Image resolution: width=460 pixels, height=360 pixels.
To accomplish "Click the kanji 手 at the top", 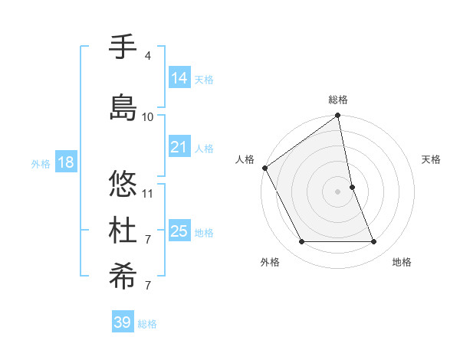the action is tap(123, 47).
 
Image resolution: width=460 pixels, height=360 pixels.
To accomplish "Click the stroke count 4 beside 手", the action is tap(147, 56).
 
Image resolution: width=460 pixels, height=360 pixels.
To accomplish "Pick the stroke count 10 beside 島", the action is tap(148, 116).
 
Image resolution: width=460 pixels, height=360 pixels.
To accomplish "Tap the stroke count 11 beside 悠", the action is tap(148, 193).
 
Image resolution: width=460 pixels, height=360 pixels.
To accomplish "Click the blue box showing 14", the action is tap(179, 77).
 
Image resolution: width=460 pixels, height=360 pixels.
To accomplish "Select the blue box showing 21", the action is tap(179, 146).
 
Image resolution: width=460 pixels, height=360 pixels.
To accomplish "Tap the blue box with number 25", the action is tap(179, 231).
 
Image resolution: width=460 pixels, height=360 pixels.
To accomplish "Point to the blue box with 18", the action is tap(65, 162).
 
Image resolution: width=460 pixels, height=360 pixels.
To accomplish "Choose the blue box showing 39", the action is tap(123, 322).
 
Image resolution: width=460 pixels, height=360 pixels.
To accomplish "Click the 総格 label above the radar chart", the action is tap(338, 100).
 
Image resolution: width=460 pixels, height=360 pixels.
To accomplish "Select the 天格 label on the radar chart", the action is tap(431, 159).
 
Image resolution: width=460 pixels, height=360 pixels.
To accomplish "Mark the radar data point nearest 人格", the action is tap(264, 168).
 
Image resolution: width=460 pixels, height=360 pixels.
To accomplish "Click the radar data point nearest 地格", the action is tap(373, 242).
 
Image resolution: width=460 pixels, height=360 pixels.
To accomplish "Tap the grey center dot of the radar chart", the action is tap(337, 191).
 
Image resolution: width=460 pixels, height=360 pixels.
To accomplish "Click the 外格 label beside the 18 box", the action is tap(40, 163).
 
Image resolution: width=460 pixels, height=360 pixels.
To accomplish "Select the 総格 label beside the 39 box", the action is tap(147, 324).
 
